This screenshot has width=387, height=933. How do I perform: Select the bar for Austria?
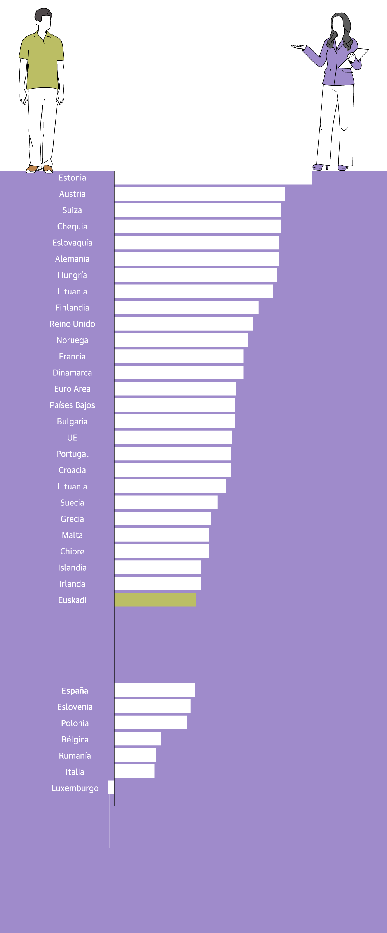click(x=200, y=194)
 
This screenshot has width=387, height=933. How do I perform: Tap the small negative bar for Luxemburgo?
click(x=111, y=787)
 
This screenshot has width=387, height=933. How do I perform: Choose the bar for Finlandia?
click(x=186, y=308)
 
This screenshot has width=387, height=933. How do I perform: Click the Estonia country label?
click(x=72, y=178)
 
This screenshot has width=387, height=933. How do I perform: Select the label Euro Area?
click(x=72, y=389)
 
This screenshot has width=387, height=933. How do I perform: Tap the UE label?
click(x=72, y=438)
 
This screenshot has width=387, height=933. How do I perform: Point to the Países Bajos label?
click(x=72, y=405)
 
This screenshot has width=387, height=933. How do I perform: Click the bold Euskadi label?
click(x=72, y=600)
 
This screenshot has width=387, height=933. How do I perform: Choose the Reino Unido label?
click(x=72, y=324)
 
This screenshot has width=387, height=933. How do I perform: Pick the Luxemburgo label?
click(x=75, y=788)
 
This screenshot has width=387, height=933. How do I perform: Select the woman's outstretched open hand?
click(x=299, y=47)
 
